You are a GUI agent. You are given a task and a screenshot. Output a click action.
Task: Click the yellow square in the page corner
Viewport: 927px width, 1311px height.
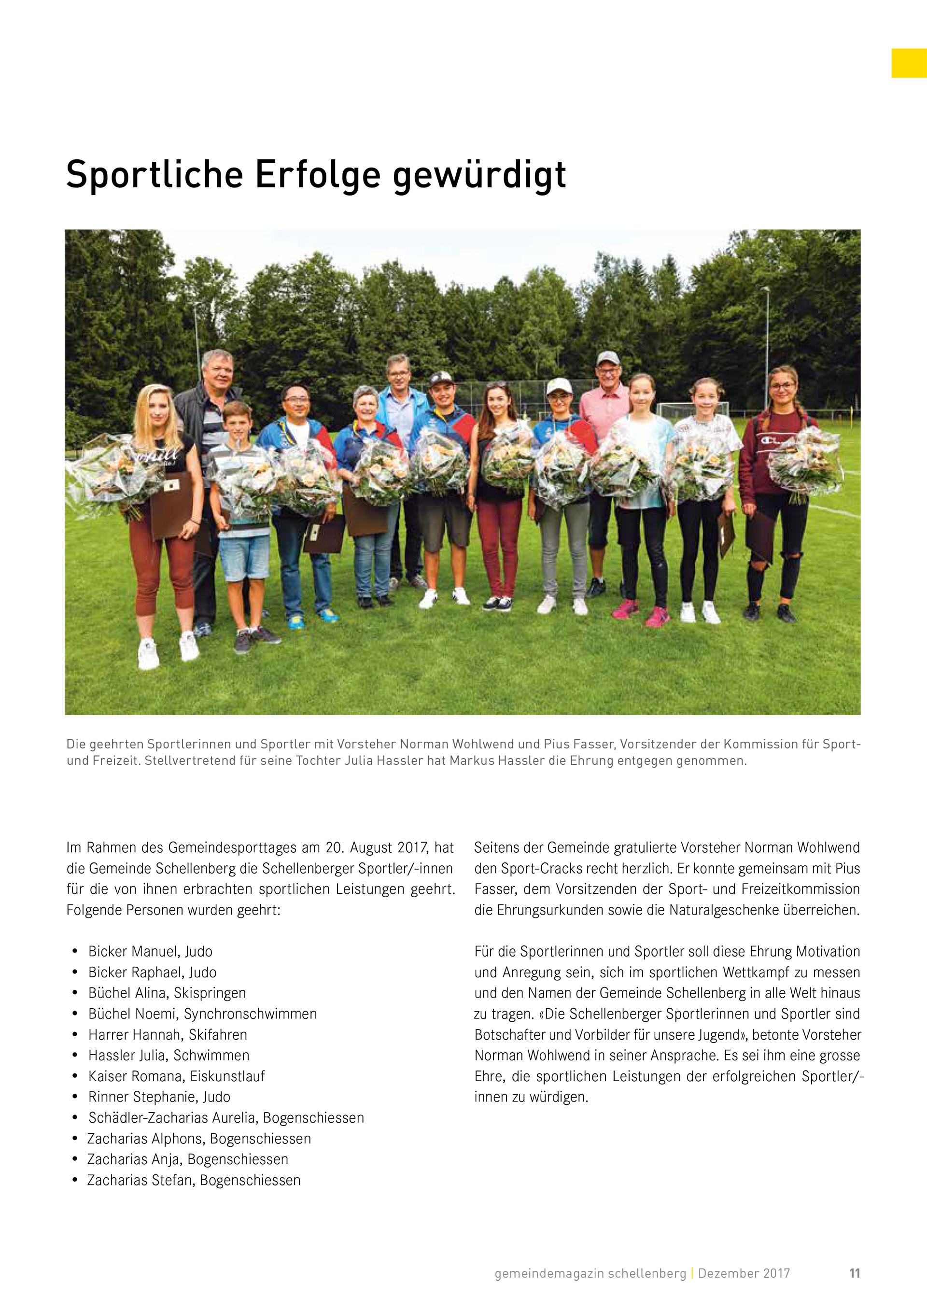click(909, 63)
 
